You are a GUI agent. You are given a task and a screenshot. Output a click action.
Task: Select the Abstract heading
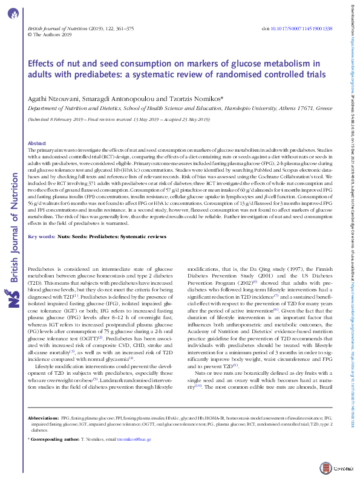point(37,143)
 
